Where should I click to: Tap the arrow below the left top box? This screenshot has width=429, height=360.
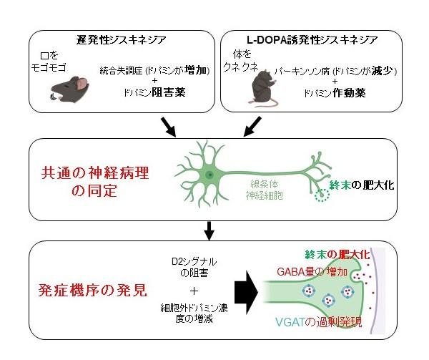point(170,126)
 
